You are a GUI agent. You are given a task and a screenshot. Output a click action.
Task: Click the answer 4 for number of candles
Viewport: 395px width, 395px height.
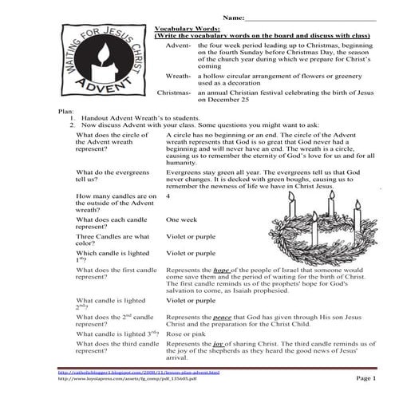[168, 196]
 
